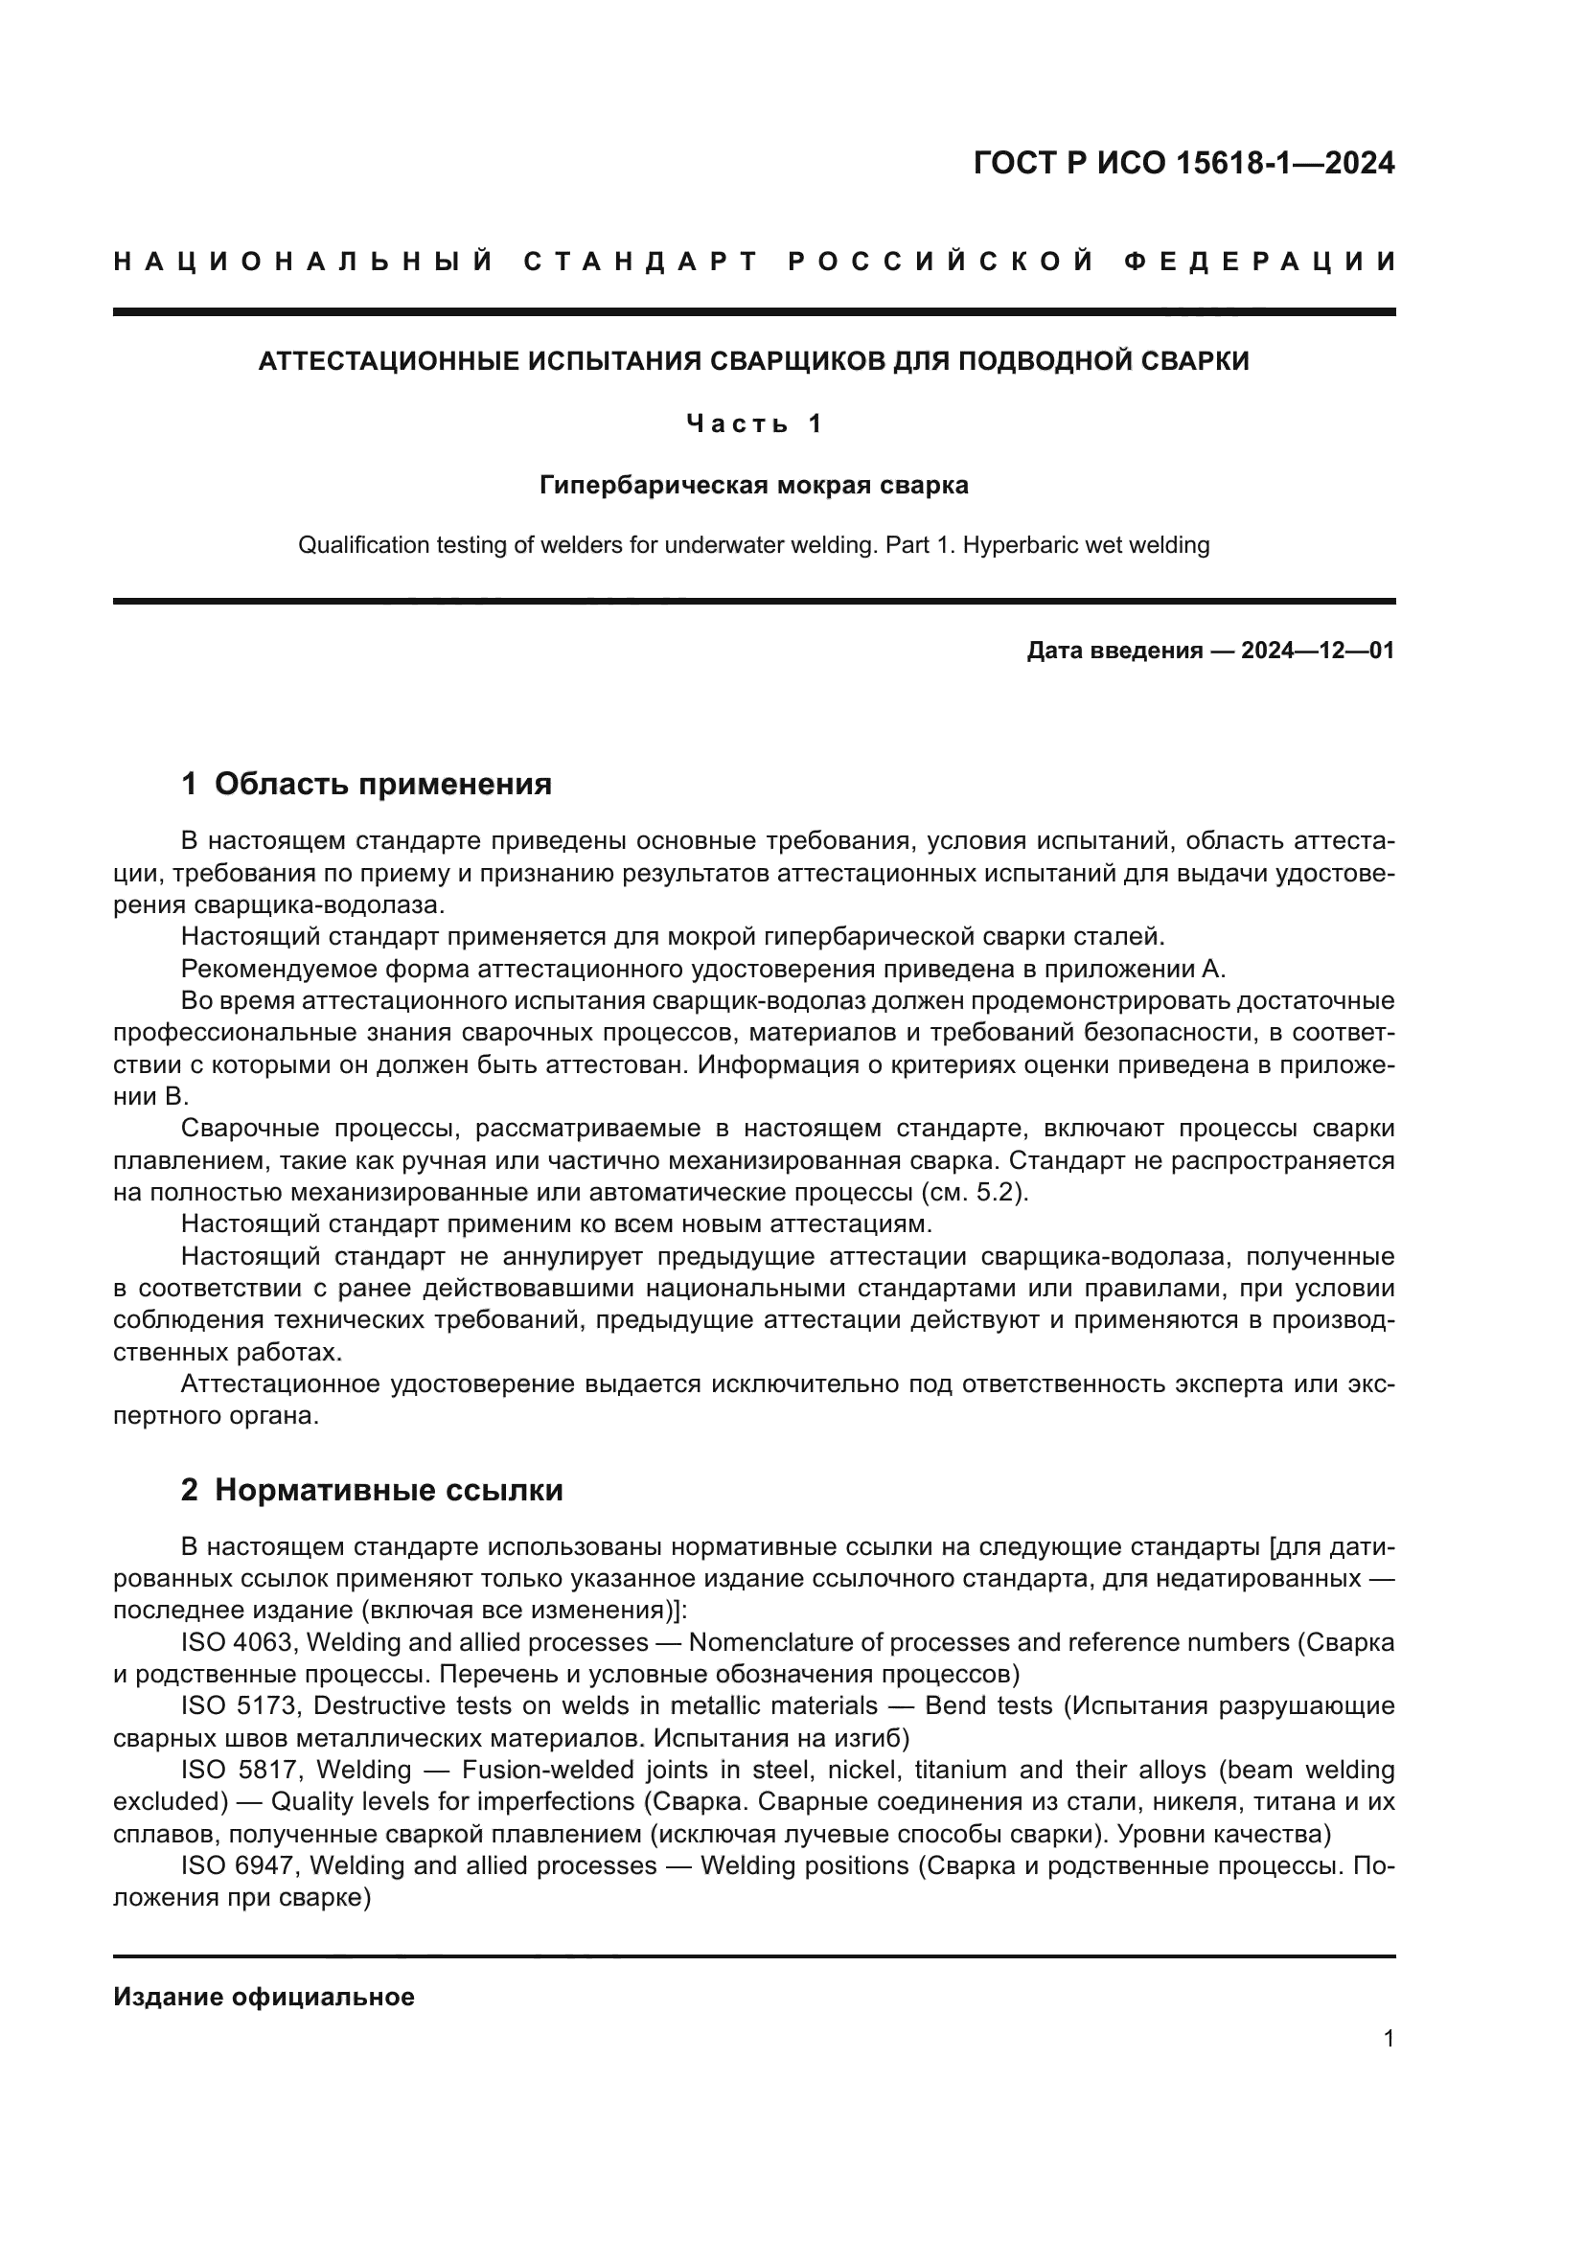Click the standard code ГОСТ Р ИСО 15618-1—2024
coord(1183,163)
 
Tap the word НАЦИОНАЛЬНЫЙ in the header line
coord(304,262)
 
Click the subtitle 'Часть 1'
coord(753,423)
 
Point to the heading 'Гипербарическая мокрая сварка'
coord(753,485)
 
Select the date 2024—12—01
coord(1317,651)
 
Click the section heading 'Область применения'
coord(382,784)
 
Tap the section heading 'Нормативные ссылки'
coord(388,1491)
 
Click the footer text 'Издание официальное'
coord(264,1997)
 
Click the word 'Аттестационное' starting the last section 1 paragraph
coord(280,1384)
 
